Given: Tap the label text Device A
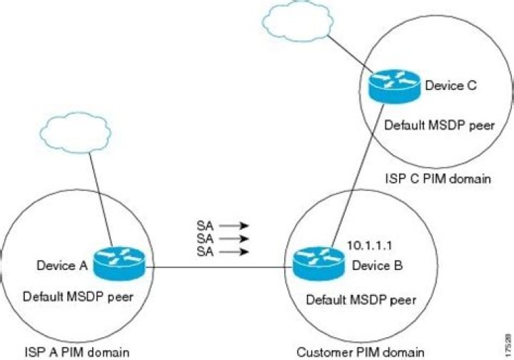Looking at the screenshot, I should click(61, 266).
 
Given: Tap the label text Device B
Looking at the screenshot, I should click(378, 266).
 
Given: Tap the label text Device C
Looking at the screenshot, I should click(450, 86).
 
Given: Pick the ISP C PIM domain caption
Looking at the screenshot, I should click(438, 178).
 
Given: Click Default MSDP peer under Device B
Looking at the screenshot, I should click(361, 299).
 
